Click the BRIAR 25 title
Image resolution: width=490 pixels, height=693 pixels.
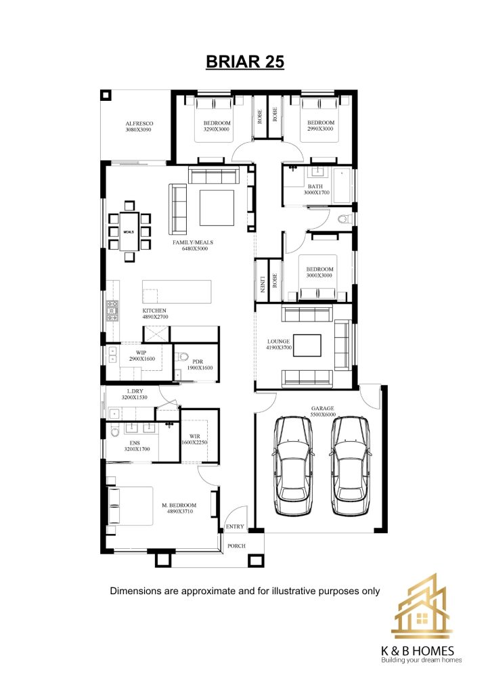(x=245, y=62)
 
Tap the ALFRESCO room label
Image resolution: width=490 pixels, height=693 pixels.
(x=139, y=124)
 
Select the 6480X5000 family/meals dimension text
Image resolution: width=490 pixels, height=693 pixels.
(x=195, y=248)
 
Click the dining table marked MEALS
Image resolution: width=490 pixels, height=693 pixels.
(x=129, y=231)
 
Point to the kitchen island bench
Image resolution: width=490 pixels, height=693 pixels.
(x=177, y=291)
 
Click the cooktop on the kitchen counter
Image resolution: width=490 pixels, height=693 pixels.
(x=112, y=310)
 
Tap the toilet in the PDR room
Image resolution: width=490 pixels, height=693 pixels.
(x=183, y=356)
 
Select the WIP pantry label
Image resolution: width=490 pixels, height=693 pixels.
(x=141, y=353)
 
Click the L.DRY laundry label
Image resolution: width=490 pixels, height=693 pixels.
(x=135, y=391)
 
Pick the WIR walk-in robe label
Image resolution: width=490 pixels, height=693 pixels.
(x=195, y=437)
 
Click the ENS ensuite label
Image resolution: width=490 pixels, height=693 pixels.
(x=135, y=443)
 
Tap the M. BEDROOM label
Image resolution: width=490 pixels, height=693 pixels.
(x=179, y=505)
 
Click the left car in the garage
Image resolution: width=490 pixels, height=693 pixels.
(x=292, y=466)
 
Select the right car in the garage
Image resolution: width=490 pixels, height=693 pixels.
(x=351, y=466)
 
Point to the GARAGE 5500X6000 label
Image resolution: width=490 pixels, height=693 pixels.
(x=323, y=411)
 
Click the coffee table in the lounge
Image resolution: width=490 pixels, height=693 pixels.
(x=307, y=346)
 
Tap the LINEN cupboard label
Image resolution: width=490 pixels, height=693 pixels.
(x=262, y=284)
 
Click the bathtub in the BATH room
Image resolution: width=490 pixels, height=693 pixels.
(x=343, y=185)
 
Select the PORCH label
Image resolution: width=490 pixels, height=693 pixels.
(x=236, y=546)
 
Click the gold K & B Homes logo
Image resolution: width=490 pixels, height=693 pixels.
(x=422, y=606)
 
